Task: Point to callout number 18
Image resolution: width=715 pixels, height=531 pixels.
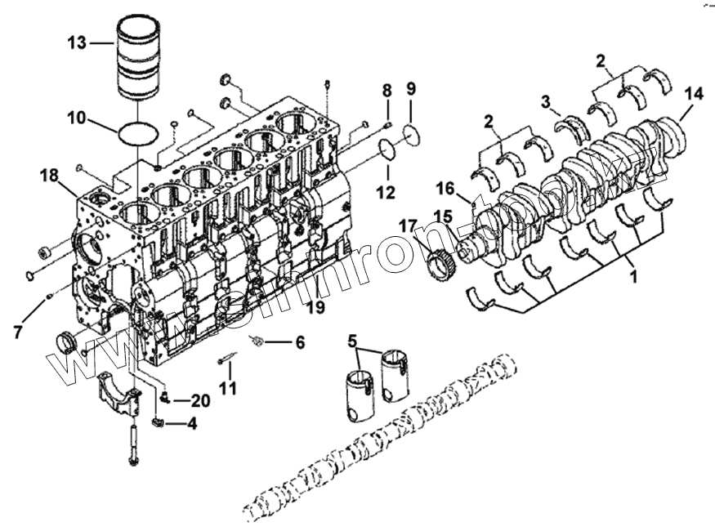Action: (x=50, y=175)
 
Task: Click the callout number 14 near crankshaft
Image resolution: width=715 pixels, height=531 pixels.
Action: (x=693, y=94)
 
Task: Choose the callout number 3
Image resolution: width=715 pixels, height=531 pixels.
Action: (x=546, y=101)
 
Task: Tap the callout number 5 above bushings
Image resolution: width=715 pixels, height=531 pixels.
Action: (x=352, y=340)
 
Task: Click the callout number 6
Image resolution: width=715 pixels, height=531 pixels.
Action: (x=299, y=342)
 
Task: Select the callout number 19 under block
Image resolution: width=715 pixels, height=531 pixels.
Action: (x=315, y=307)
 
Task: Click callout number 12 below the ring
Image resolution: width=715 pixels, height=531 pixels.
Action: (x=385, y=194)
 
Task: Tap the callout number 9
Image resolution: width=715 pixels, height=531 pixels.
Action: (x=411, y=87)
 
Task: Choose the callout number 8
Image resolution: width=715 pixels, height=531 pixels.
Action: (x=387, y=87)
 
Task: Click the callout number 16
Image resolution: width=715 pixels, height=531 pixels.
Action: (x=445, y=190)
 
